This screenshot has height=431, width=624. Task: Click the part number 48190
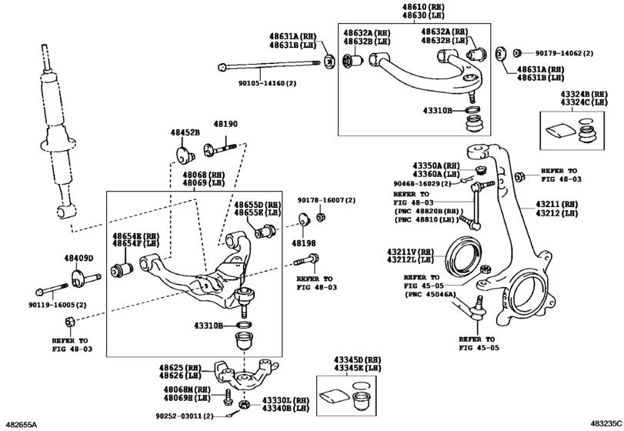(x=225, y=124)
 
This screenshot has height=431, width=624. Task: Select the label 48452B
(x=185, y=132)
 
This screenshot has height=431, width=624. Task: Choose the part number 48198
(x=304, y=242)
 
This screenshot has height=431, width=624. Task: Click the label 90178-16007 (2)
(x=326, y=200)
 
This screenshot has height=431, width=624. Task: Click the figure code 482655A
(x=21, y=424)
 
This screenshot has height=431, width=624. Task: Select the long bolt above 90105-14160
(x=269, y=65)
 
